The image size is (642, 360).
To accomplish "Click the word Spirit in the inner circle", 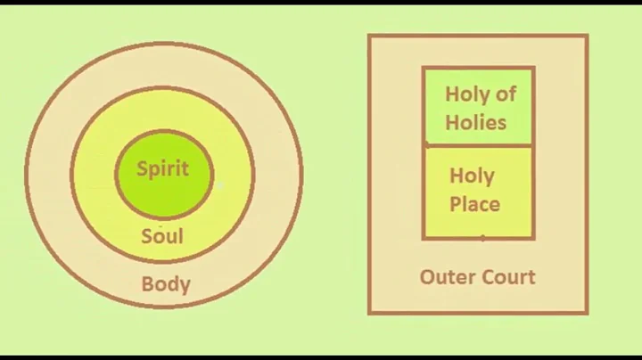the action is (162, 168).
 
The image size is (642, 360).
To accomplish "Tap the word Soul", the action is (162, 236).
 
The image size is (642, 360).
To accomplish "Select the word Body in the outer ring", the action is (166, 285).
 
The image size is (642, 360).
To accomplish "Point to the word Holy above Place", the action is (473, 176).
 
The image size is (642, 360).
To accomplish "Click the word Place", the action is (474, 204).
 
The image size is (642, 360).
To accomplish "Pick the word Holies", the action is (476, 122).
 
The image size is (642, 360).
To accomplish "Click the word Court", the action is (506, 277).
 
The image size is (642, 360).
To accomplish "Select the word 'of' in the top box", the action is (506, 94).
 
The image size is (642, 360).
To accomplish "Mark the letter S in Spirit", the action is (142, 168).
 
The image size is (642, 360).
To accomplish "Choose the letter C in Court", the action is (485, 277).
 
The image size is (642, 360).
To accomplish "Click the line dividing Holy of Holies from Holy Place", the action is (478, 144).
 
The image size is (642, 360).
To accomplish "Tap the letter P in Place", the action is (455, 204).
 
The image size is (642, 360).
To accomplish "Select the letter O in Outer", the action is (427, 277).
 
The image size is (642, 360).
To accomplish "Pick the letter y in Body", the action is (184, 288).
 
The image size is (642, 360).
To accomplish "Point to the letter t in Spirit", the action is (185, 168).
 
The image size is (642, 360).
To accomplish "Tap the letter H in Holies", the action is (452, 122).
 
